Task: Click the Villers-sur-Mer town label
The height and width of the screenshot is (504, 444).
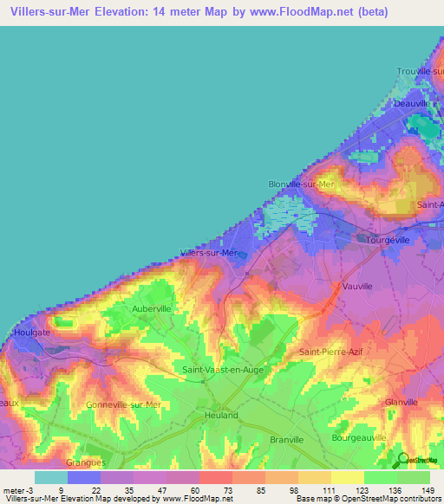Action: click(x=208, y=253)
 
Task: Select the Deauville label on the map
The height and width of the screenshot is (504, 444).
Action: click(x=412, y=103)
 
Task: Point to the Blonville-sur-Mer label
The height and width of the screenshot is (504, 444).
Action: click(x=300, y=184)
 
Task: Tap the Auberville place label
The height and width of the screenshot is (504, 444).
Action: click(x=152, y=308)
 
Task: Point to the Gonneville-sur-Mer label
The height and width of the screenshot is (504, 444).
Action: click(x=124, y=404)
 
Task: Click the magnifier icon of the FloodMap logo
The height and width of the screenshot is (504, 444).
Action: click(x=402, y=459)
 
